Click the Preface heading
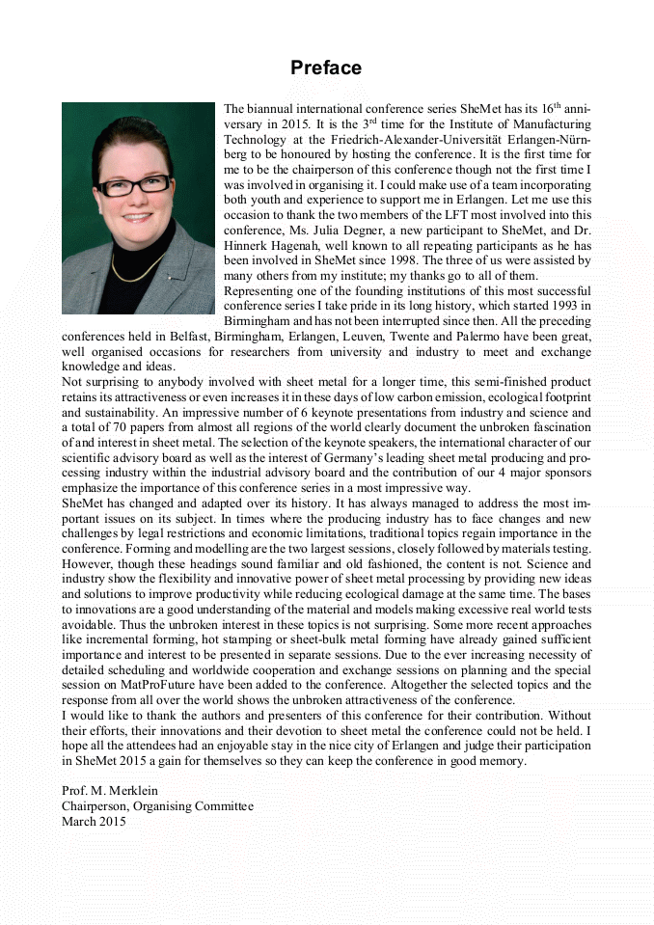point(326,68)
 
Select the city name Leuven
point(368,337)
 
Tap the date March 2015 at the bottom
point(94,822)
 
